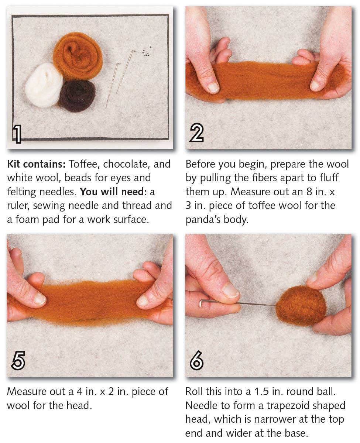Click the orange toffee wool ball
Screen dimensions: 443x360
78,55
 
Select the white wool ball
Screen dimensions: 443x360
44,85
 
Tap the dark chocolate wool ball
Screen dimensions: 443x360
78,96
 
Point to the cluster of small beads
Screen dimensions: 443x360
146,53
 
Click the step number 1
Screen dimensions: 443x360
17,134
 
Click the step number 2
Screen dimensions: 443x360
196,134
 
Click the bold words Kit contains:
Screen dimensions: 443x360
36,164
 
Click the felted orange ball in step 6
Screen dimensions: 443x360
301,305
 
